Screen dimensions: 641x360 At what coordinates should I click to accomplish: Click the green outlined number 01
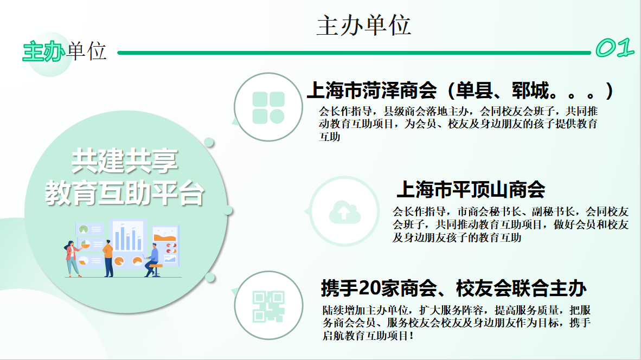(x=614, y=48)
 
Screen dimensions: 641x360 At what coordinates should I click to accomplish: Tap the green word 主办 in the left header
(x=44, y=52)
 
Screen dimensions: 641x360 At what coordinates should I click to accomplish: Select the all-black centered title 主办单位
(x=363, y=25)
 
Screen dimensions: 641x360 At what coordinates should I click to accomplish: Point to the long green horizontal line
(x=354, y=53)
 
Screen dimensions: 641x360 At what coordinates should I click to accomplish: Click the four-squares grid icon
(x=268, y=107)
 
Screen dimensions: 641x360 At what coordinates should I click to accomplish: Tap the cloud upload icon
(x=344, y=212)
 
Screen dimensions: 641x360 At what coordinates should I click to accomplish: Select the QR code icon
(x=268, y=306)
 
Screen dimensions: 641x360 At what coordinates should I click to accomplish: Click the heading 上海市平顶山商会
(x=471, y=190)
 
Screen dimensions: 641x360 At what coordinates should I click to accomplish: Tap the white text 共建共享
(x=125, y=160)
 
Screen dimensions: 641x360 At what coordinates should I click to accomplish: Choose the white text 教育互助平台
(x=125, y=193)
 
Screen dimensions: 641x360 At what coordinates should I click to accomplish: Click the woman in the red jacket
(x=72, y=259)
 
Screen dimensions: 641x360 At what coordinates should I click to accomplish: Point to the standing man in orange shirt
(x=108, y=258)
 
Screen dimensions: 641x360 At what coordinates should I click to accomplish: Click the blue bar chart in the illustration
(x=128, y=237)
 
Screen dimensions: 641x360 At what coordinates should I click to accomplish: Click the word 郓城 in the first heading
(x=530, y=91)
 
